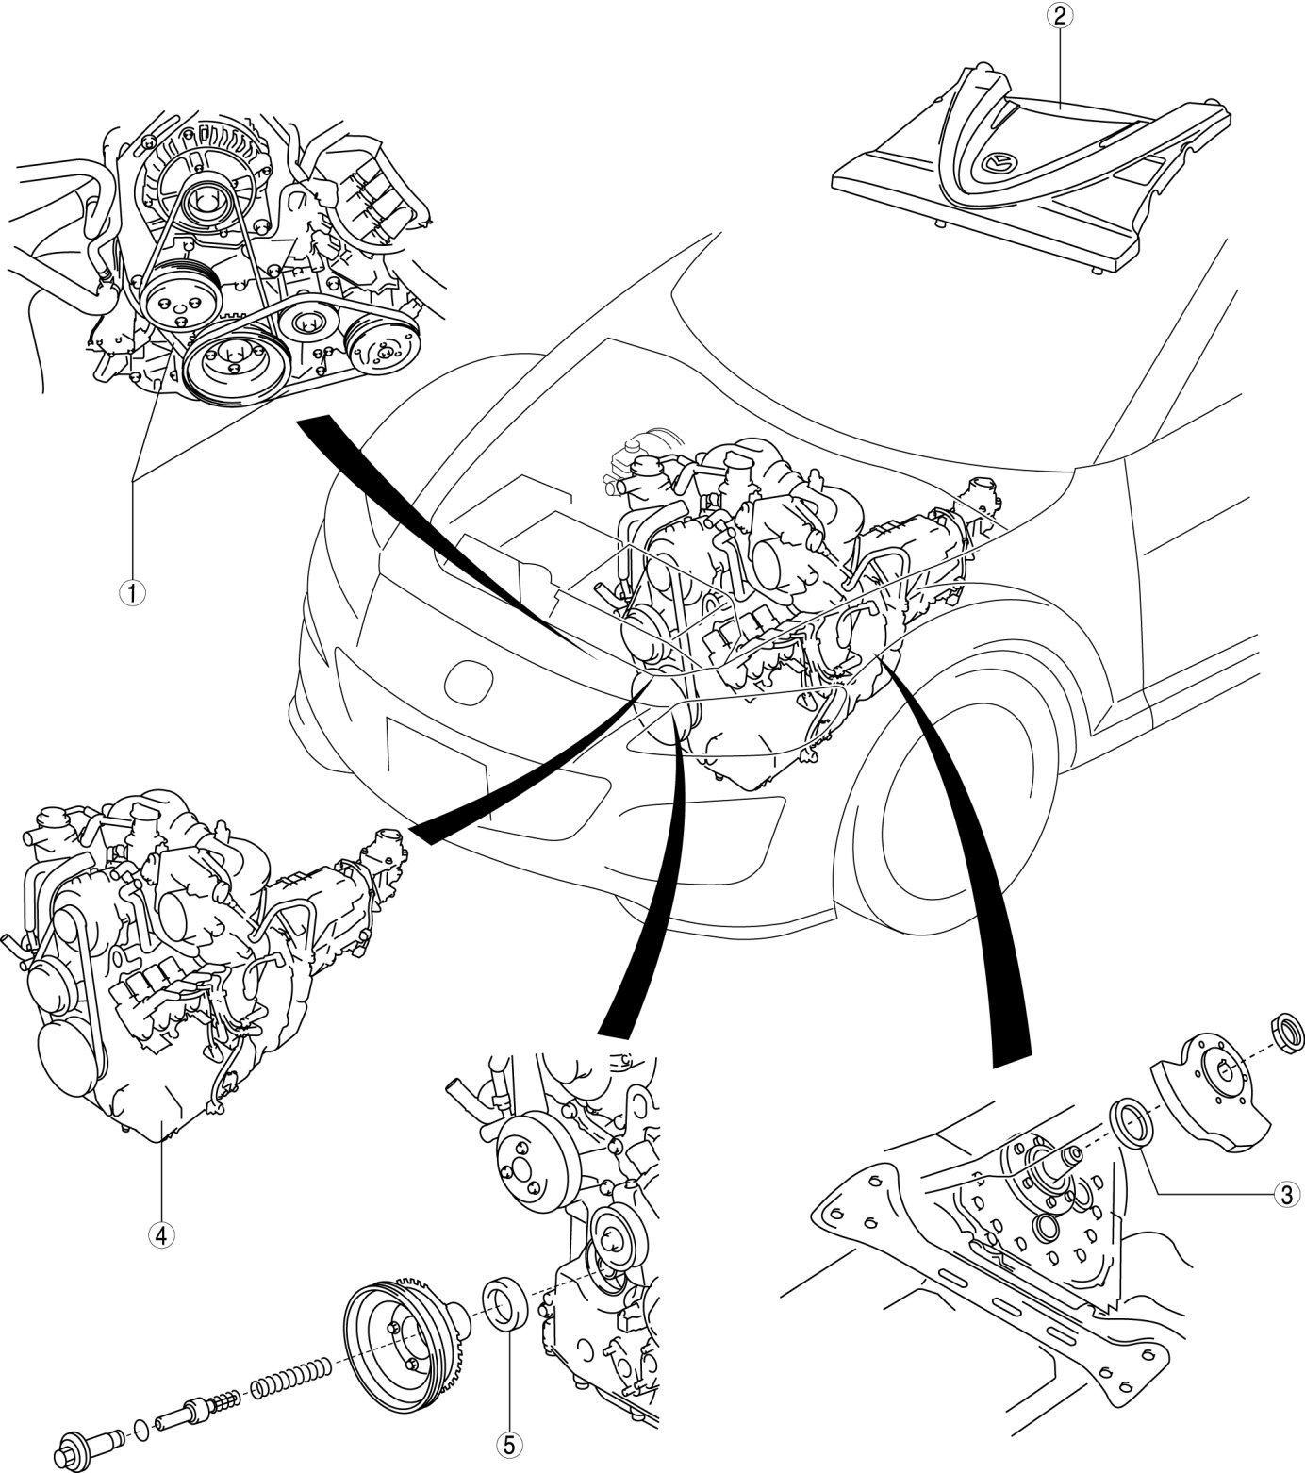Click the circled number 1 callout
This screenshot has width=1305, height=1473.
point(133,593)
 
